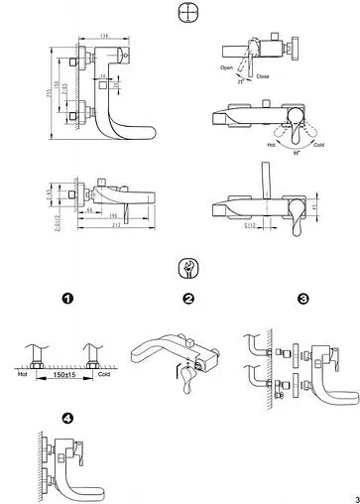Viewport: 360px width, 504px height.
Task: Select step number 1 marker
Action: [x=68, y=299]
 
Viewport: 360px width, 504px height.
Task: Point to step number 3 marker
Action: [x=302, y=299]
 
